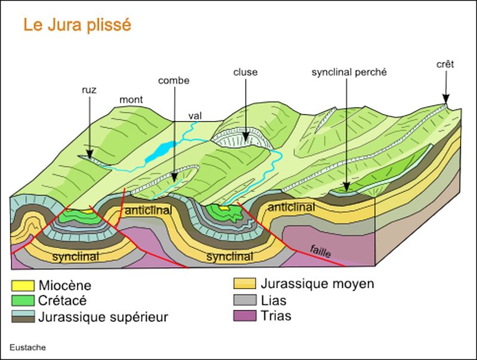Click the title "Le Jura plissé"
(x=78, y=25)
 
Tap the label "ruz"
(x=89, y=90)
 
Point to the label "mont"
(x=131, y=100)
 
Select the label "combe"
(x=174, y=80)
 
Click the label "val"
(x=195, y=116)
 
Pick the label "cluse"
(x=246, y=72)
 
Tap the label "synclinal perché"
(x=349, y=72)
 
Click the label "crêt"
(x=445, y=64)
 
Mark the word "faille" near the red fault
(x=320, y=251)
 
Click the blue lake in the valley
(x=159, y=152)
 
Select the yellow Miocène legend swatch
(x=23, y=285)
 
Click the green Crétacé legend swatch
(x=23, y=300)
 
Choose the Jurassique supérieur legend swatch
(x=23, y=316)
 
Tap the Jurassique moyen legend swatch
(x=244, y=283)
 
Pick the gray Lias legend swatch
(x=244, y=300)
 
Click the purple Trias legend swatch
(x=244, y=316)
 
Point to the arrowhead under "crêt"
(x=445, y=99)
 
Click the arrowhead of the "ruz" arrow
(x=89, y=154)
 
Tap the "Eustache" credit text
(x=27, y=347)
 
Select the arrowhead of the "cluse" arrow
(x=246, y=137)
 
